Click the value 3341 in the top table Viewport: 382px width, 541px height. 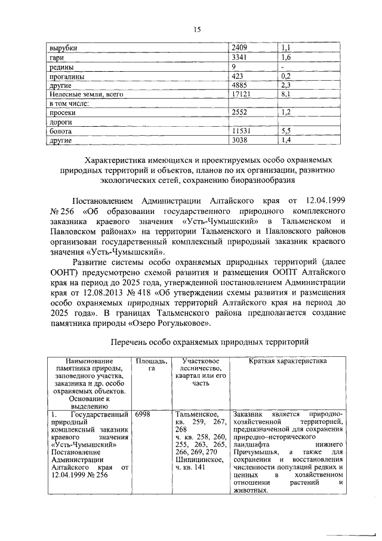[241, 57]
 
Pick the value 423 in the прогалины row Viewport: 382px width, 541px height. [239, 77]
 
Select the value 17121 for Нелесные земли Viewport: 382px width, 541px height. [242, 94]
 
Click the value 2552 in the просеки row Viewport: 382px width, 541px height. [241, 112]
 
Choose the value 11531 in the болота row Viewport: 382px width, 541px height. [242, 131]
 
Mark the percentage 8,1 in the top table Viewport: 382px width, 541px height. [285, 94]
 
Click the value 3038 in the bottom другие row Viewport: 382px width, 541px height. [241, 140]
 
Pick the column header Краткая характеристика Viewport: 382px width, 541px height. [288, 362]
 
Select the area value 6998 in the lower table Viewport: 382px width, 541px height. [144, 414]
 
